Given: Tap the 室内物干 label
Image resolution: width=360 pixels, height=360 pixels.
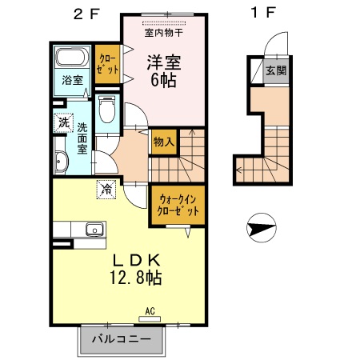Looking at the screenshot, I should click(164, 33).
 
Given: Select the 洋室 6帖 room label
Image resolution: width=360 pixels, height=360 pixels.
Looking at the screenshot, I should click(164, 70).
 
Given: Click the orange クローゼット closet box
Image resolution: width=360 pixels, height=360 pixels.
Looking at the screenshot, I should click(107, 63).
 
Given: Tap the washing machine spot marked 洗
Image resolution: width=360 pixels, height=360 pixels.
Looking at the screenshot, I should click(62, 123).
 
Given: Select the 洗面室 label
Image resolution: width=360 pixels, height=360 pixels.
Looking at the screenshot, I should click(82, 138).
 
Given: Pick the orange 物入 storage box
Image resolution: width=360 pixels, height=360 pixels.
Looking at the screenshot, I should click(162, 142).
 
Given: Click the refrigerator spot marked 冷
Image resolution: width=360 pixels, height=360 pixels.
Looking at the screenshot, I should click(106, 190).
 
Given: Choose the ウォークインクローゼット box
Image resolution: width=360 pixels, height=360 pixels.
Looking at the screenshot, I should click(174, 206).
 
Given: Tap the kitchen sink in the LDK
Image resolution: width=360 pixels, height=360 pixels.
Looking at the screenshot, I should click(95, 229).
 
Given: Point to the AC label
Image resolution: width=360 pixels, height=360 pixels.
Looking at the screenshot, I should click(150, 310).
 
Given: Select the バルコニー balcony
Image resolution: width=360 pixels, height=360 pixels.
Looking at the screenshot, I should click(122, 339).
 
